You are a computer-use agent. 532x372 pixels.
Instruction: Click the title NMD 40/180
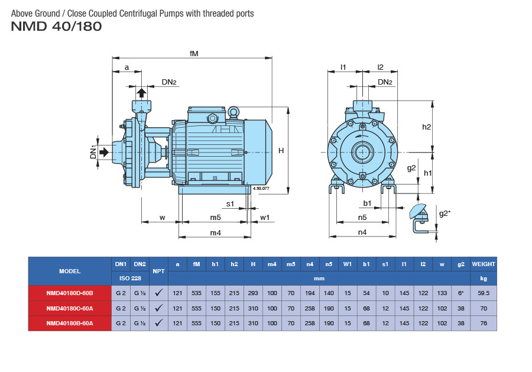pyautogui.click(x=56, y=26)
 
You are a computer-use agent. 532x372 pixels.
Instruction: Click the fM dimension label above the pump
pyautogui.click(x=193, y=53)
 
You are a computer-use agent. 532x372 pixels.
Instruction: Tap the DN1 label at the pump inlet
pyautogui.click(x=93, y=152)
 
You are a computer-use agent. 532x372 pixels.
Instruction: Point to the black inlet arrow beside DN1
pyautogui.click(x=104, y=153)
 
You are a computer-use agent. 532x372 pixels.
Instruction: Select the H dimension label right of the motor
pyautogui.click(x=281, y=151)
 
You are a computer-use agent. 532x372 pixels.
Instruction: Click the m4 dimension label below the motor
pyautogui.click(x=215, y=233)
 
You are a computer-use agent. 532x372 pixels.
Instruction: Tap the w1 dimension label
pyautogui.click(x=265, y=218)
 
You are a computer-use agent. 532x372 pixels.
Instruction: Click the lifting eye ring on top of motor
pyautogui.click(x=233, y=111)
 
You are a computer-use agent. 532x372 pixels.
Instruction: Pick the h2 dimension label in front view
pyautogui.click(x=426, y=127)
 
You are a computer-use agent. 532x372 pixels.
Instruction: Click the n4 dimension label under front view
pyautogui.click(x=362, y=233)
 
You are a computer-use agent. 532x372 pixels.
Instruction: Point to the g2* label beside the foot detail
pyautogui.click(x=445, y=214)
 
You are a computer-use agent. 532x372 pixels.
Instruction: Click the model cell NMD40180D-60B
pyautogui.click(x=70, y=293)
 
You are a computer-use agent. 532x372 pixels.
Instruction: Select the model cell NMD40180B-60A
pyautogui.click(x=70, y=324)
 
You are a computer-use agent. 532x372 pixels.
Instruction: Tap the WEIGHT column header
pyautogui.click(x=483, y=264)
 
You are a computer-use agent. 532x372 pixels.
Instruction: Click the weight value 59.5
pyautogui.click(x=483, y=293)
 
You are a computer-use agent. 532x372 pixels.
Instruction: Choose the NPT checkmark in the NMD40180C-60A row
pyautogui.click(x=158, y=308)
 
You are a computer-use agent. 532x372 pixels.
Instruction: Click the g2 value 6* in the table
pyautogui.click(x=460, y=293)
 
